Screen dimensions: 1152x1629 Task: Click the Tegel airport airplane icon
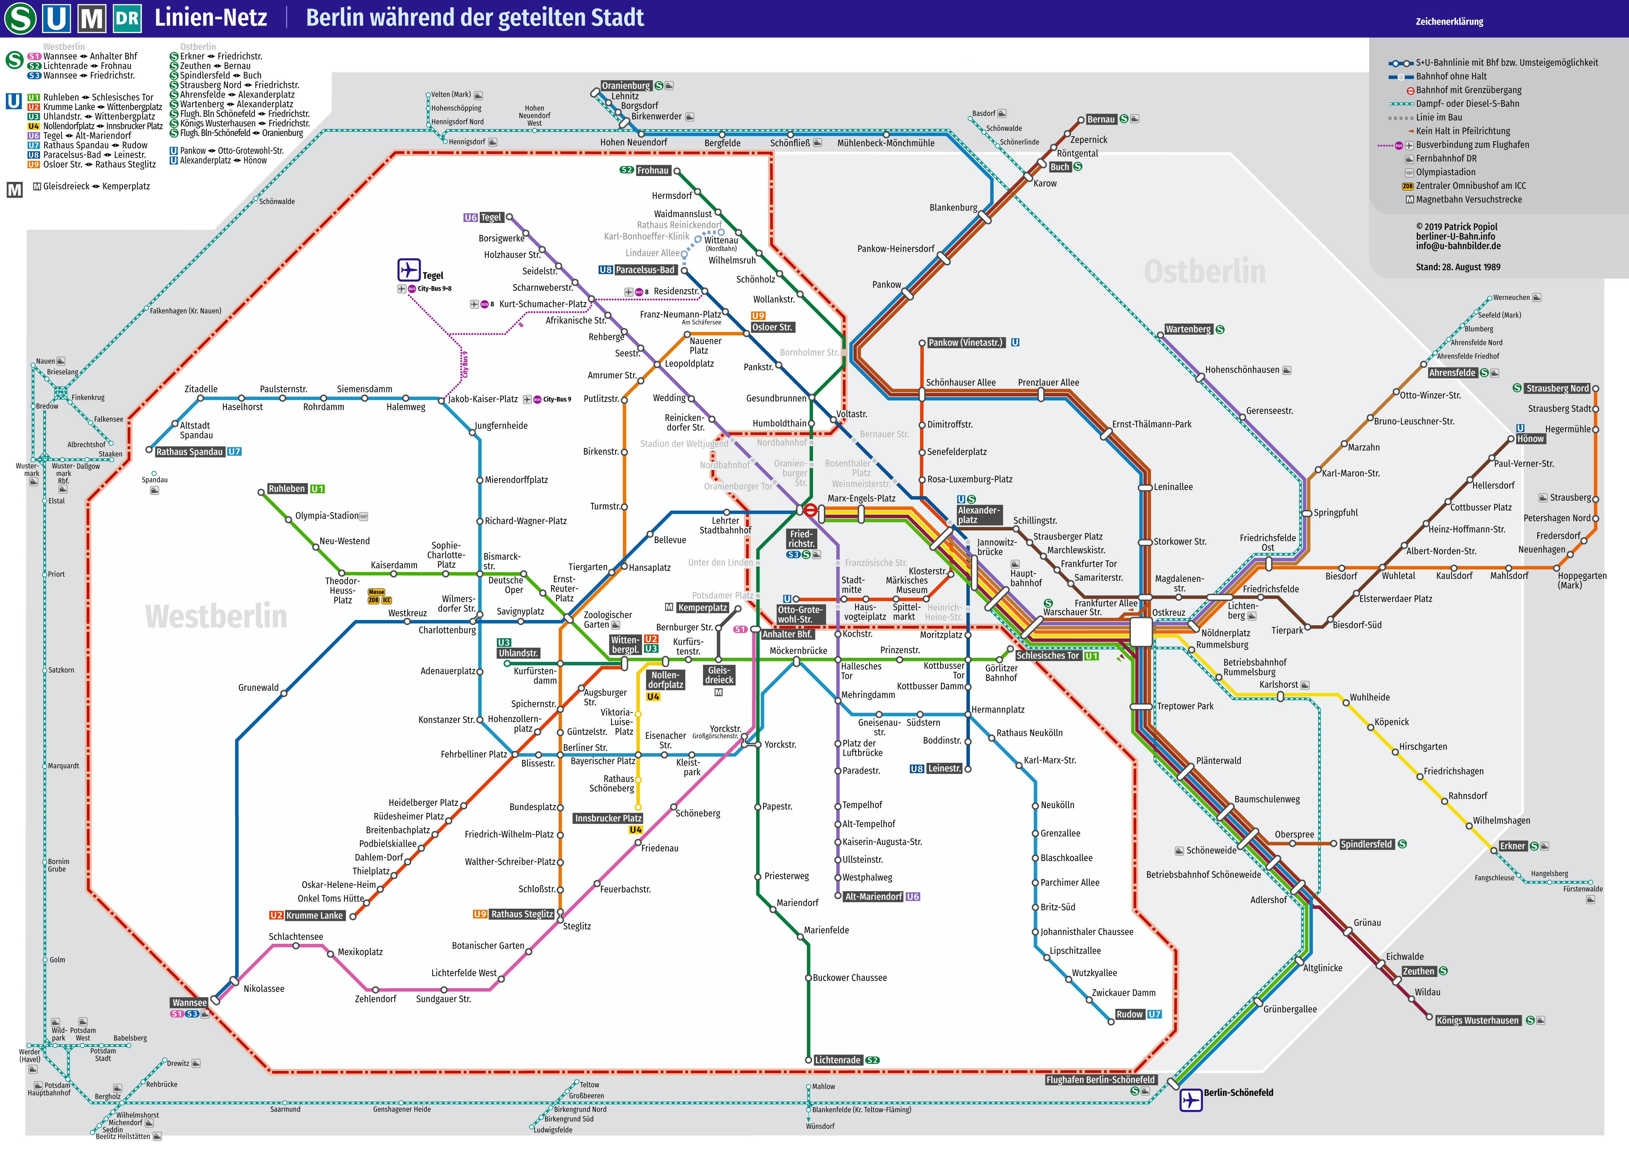tap(409, 270)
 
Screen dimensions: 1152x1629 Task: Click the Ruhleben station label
tap(287, 489)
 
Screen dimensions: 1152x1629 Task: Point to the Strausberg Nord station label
tap(1557, 389)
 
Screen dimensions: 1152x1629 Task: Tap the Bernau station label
tap(1101, 119)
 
